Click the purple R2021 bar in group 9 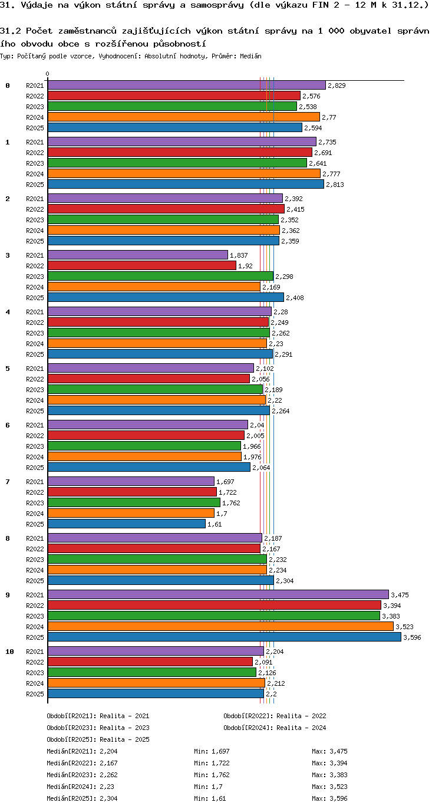point(218,594)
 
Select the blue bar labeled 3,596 point(225,637)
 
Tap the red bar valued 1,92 point(142,265)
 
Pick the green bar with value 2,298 point(160,277)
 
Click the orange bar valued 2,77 point(184,117)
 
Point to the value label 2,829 point(337,85)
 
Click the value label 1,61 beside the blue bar point(215,524)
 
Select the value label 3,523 point(404,627)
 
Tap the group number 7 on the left point(8,482)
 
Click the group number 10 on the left point(10,652)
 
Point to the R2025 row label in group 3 point(35,298)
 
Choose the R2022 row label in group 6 point(35,436)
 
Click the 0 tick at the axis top point(47,74)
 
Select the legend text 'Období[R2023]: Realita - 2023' point(98,728)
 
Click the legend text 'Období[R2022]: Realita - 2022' point(275,716)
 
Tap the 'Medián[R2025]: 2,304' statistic point(82,798)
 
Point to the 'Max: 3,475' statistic point(329,751)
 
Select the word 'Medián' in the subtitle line point(250,57)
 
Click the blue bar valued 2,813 point(186,184)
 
